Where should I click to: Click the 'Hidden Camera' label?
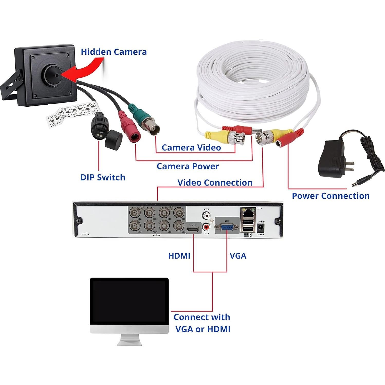pos(114,52)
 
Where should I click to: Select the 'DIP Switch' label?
pos(103,177)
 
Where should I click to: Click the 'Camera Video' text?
pos(191,148)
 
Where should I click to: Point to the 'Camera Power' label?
pos(188,166)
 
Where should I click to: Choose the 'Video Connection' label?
pos(215,182)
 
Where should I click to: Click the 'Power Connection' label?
pos(331,196)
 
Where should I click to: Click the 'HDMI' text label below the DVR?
pos(179,256)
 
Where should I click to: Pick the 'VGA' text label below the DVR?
pos(238,256)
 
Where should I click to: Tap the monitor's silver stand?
pos(129,339)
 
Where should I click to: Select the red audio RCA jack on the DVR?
pos(206,227)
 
